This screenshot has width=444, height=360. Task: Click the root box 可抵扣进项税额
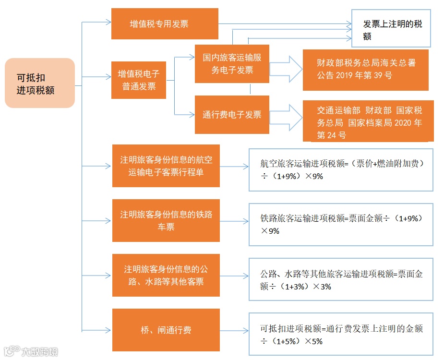39,83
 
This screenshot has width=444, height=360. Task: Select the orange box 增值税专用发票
165,24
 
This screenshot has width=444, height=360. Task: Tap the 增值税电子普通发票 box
138,80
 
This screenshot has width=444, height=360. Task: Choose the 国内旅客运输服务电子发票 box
232,64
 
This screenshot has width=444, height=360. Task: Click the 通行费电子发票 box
232,115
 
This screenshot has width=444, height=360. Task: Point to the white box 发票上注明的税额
391,29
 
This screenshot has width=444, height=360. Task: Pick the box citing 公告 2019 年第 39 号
365,69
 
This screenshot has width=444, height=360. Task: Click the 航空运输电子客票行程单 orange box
166,166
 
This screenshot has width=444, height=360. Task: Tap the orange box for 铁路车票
166,220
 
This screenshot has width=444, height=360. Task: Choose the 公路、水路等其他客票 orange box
166,275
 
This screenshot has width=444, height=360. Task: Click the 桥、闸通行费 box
166,330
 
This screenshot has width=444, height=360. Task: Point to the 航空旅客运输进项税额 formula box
341,170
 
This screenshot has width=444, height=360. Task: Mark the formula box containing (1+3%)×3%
341,280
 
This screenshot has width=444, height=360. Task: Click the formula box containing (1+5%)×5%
341,335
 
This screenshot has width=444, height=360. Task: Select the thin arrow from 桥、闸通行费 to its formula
234,330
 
